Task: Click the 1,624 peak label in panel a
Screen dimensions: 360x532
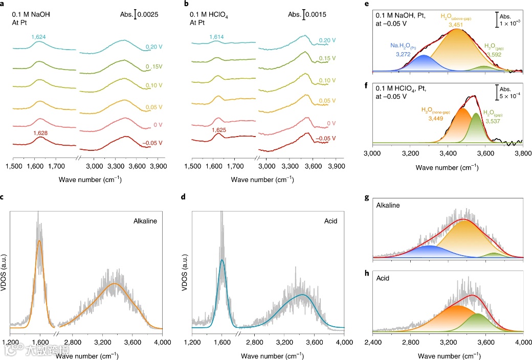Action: click(x=39, y=37)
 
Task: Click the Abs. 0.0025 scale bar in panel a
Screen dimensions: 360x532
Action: click(x=136, y=15)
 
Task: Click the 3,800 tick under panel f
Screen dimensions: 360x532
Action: click(x=522, y=153)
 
